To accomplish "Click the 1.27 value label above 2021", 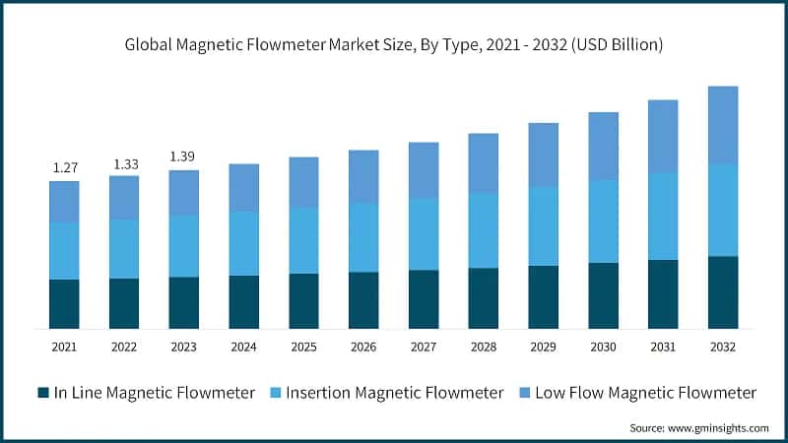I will [64, 166].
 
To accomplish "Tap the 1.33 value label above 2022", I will [124, 162].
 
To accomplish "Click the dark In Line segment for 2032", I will [723, 291].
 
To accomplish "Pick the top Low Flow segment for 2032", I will [723, 124].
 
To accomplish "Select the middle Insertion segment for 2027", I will [424, 233].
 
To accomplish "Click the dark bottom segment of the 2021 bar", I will [64, 303].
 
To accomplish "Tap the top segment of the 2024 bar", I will [244, 187].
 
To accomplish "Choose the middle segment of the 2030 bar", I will [603, 221].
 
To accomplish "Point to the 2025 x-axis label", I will [303, 347].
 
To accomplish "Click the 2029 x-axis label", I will [543, 347].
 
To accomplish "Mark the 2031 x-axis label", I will [663, 347].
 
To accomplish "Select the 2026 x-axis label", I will [363, 347].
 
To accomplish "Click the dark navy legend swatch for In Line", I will [42, 393].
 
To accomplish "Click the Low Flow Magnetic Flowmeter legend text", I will [645, 393].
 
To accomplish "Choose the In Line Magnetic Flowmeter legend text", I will [155, 393].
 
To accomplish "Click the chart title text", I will [394, 45].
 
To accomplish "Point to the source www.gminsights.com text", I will [696, 428].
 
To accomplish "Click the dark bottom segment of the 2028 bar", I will [483, 297].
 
